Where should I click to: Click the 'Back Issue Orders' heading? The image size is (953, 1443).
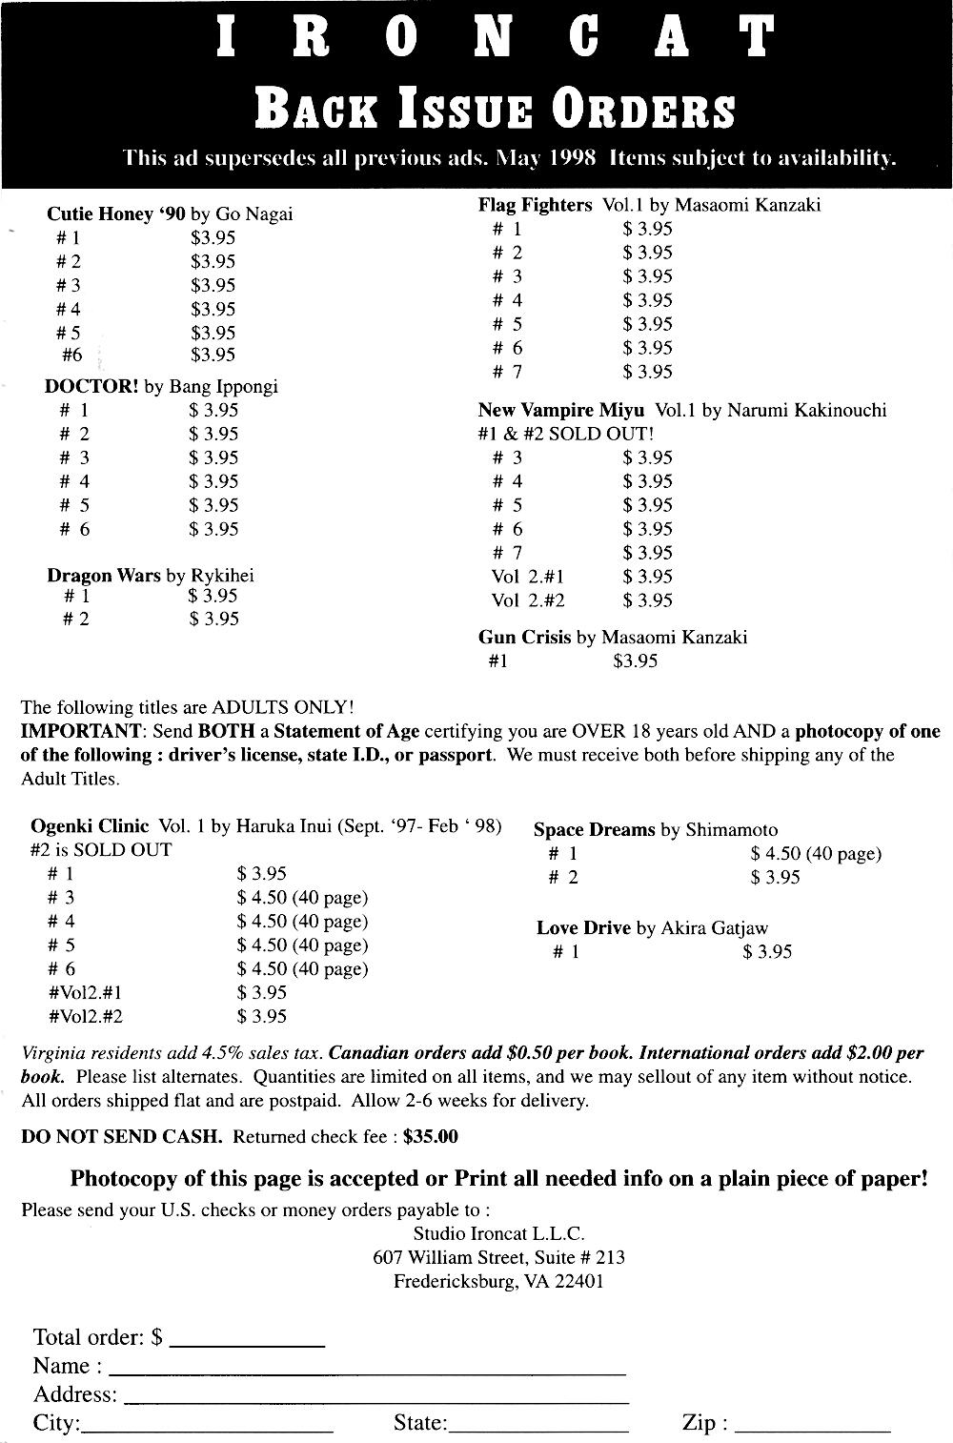(x=495, y=110)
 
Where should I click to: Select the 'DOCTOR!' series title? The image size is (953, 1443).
(x=91, y=387)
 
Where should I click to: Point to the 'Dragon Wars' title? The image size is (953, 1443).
(x=104, y=576)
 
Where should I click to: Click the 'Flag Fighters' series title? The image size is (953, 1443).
(x=535, y=205)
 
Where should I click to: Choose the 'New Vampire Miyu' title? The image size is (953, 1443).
(x=561, y=411)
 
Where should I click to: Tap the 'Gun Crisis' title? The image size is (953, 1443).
(x=524, y=638)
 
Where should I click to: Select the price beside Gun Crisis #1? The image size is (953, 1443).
(x=636, y=661)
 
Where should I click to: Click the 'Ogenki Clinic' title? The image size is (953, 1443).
(x=90, y=826)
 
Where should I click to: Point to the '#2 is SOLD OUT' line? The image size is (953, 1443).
(x=101, y=850)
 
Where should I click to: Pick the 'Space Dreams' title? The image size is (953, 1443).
(x=594, y=830)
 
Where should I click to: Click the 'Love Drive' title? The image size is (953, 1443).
(x=583, y=928)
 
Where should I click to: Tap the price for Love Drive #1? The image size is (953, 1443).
(x=767, y=951)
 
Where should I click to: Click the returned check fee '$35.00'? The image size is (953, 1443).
(x=431, y=1137)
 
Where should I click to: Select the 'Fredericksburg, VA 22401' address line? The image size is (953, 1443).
(x=498, y=1282)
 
